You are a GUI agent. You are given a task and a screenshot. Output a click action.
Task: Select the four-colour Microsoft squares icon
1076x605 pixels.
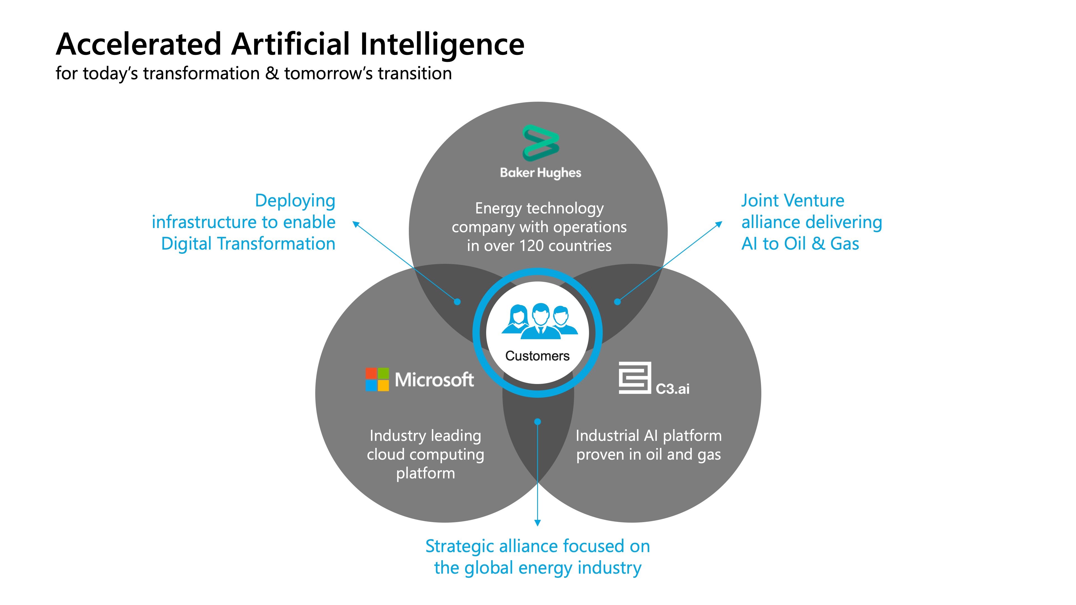[x=377, y=379]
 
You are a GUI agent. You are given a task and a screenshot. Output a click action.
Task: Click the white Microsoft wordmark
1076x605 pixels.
[x=434, y=380]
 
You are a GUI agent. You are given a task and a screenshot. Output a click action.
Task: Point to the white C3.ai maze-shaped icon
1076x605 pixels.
[x=634, y=378]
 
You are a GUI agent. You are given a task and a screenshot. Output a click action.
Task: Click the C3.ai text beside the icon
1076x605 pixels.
[x=672, y=389]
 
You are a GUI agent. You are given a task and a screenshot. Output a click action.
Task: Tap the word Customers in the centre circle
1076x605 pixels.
[x=537, y=356]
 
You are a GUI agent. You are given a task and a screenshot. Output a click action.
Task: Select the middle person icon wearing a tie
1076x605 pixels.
[x=541, y=321]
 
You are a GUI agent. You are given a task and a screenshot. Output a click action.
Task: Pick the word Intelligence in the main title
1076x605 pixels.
[x=442, y=44]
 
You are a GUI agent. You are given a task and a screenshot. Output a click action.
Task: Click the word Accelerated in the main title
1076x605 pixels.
[x=138, y=44]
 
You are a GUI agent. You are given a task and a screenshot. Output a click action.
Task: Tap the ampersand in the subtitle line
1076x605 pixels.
[x=272, y=73]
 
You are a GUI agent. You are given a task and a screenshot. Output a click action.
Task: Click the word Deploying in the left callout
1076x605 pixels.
[x=295, y=201]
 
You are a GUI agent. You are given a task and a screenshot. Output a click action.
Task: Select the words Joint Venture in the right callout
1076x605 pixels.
[x=792, y=201]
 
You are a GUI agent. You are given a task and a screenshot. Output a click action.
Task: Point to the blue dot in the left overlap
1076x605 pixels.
[x=457, y=301]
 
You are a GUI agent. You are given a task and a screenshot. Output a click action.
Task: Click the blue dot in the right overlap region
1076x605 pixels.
[x=617, y=301]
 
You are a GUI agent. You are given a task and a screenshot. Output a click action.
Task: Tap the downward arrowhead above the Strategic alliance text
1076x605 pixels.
[x=538, y=523]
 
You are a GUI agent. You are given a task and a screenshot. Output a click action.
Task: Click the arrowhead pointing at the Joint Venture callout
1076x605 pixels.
[x=719, y=224]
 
